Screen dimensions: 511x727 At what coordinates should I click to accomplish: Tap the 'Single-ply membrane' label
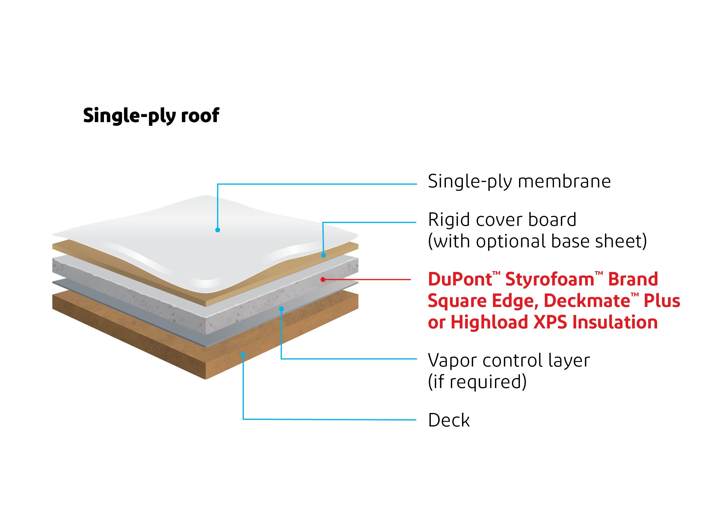[519, 181]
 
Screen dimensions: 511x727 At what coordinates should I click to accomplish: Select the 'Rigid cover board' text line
[502, 220]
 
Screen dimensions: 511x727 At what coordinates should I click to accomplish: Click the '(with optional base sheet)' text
[537, 241]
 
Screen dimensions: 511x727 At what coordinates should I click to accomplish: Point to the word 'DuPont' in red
[459, 279]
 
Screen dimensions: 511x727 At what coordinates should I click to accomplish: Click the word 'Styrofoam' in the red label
[550, 279]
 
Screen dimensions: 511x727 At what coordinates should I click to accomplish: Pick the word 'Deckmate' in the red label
[587, 301]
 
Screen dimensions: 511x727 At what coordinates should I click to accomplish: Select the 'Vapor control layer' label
[509, 360]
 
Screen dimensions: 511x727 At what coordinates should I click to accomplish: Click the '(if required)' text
[477, 381]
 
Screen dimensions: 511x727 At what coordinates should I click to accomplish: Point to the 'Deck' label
[449, 420]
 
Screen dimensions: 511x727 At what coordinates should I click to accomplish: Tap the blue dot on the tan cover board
[323, 255]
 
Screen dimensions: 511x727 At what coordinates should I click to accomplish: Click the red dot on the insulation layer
[323, 279]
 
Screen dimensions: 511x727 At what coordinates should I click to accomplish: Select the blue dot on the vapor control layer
[281, 309]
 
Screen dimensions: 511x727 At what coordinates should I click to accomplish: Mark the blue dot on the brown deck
[243, 355]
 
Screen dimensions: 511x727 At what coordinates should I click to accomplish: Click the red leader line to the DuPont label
[367, 279]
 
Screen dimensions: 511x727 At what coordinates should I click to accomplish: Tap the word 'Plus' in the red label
[662, 301]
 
